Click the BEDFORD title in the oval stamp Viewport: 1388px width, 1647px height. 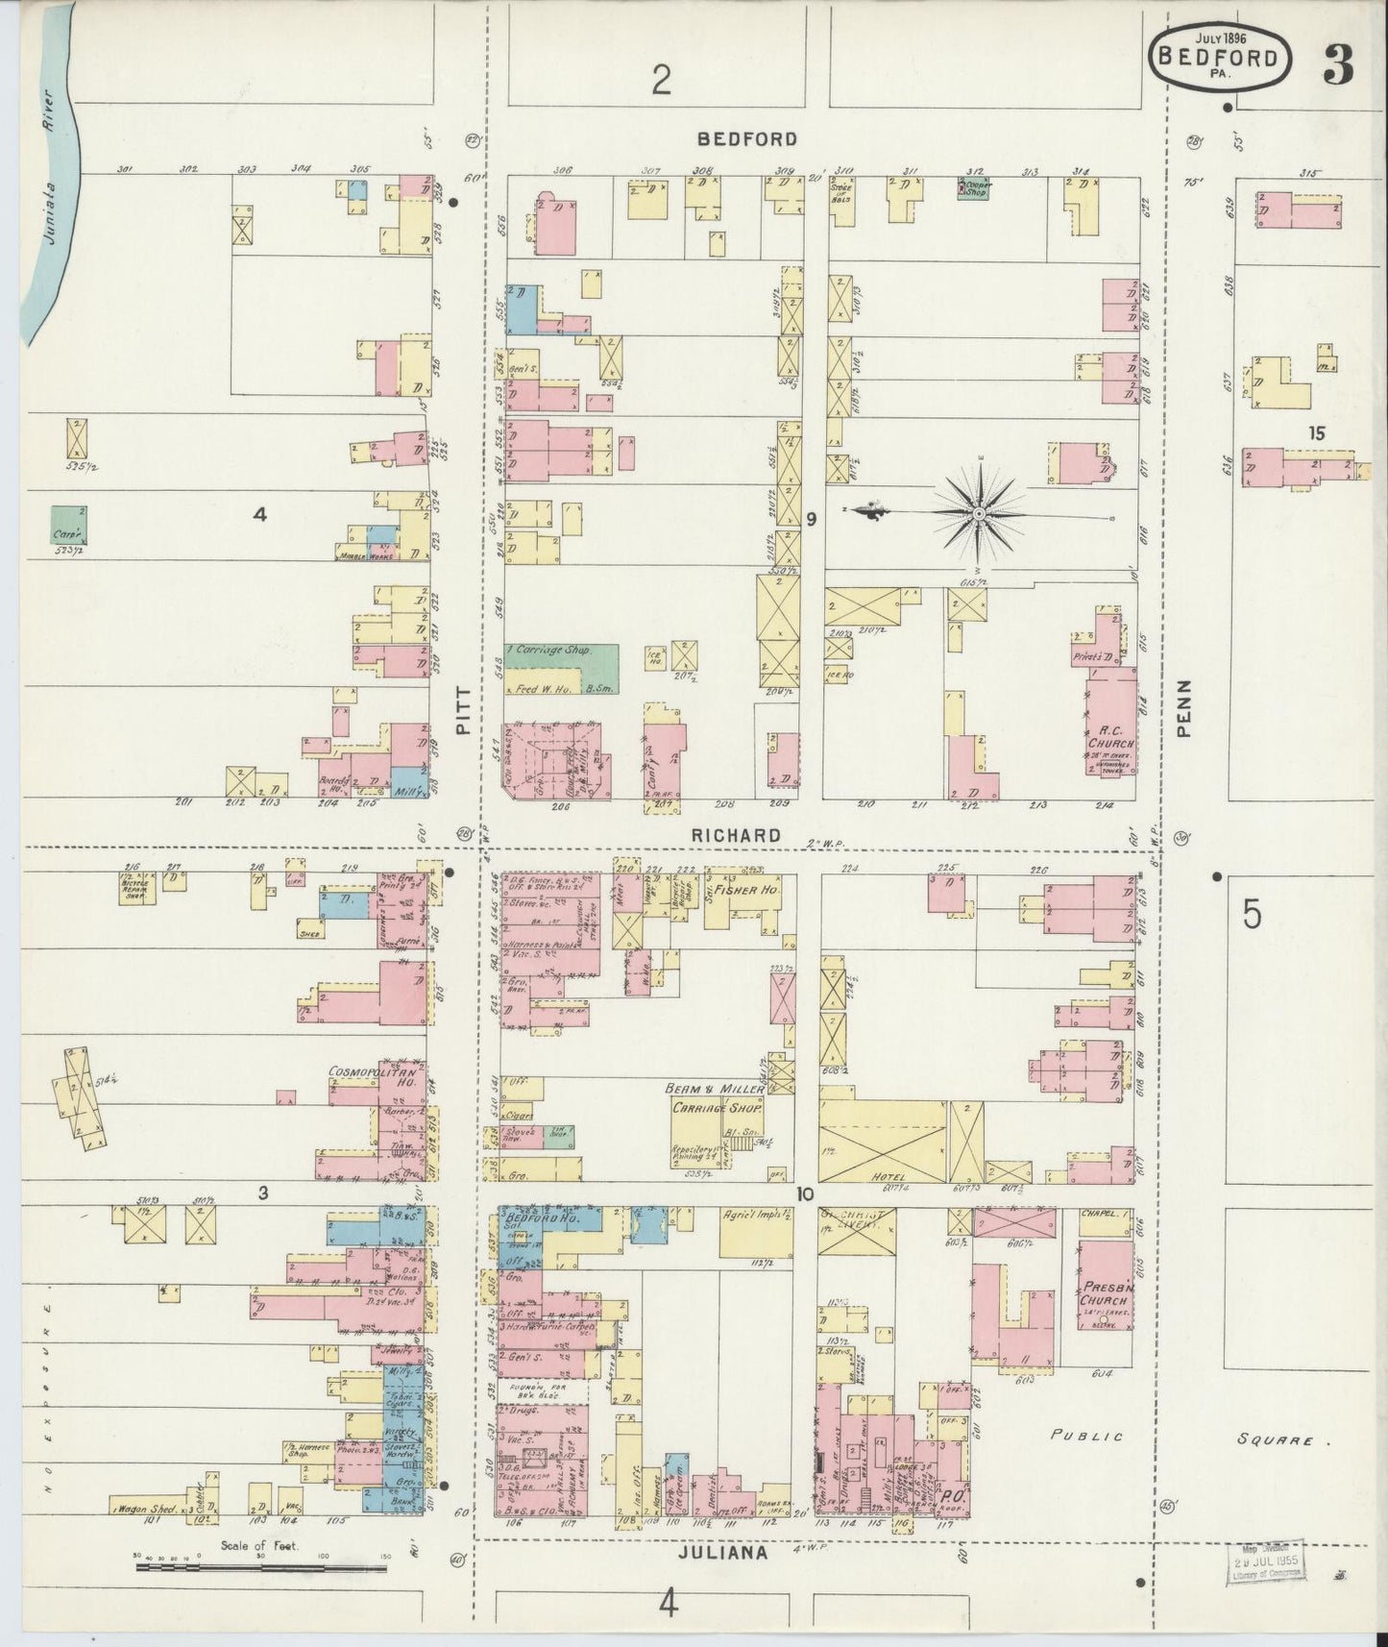1218,57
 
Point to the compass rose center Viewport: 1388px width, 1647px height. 978,515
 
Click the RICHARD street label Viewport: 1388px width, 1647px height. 736,836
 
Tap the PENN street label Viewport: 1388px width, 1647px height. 1183,708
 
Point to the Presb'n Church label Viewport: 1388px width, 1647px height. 1101,1294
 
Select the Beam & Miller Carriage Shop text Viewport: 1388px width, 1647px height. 717,1098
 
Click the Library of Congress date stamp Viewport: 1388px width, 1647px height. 1264,1561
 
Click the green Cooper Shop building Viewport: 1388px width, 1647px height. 974,188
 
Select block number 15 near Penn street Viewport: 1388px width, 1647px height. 1315,433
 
